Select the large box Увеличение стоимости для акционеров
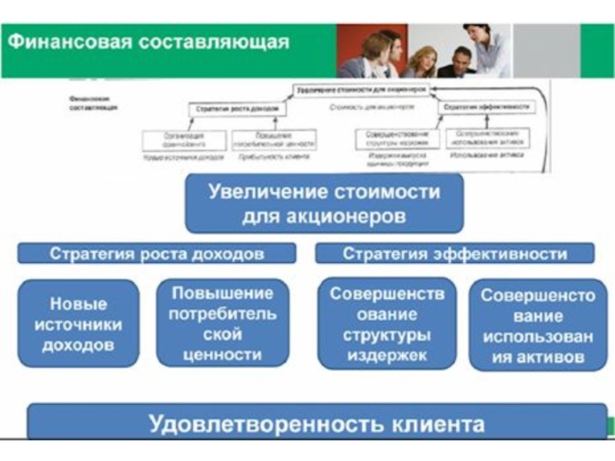tap(324, 203)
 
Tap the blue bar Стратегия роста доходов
tap(157, 254)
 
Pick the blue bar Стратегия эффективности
tap(455, 254)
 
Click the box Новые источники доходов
tap(78, 324)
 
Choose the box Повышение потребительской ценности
tap(223, 324)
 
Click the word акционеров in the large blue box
tap(347, 217)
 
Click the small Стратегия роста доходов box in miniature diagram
tap(230, 109)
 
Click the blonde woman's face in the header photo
tap(422, 58)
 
